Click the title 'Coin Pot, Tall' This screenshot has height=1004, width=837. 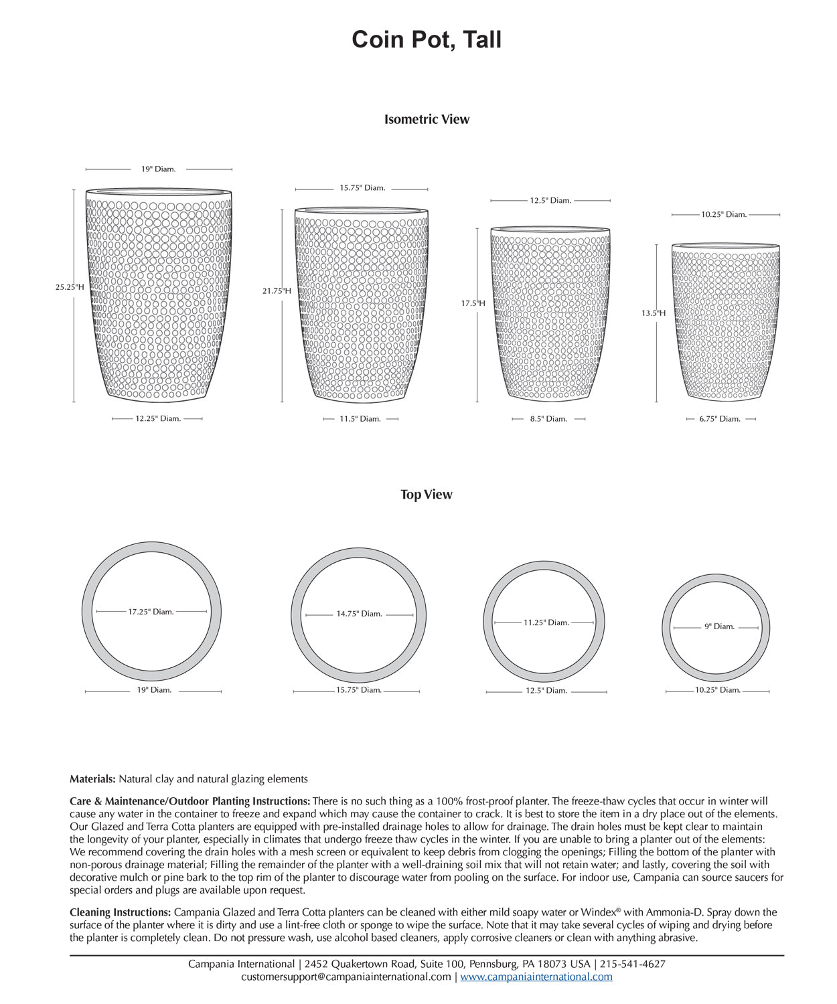pyautogui.click(x=427, y=39)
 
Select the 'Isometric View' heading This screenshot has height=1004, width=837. pyautogui.click(x=427, y=120)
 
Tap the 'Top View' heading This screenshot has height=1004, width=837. pyautogui.click(x=427, y=495)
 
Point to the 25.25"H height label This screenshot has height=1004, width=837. pyautogui.click(x=70, y=287)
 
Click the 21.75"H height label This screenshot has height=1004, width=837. pyautogui.click(x=277, y=291)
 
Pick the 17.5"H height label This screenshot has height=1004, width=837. pyautogui.click(x=473, y=303)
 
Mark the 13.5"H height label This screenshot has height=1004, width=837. pyautogui.click(x=654, y=313)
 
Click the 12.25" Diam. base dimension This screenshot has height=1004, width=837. pyautogui.click(x=158, y=419)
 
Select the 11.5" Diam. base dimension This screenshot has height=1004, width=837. pyautogui.click(x=361, y=419)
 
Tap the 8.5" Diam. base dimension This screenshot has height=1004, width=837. pyautogui.click(x=548, y=419)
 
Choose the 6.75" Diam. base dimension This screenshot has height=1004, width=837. pyautogui.click(x=720, y=419)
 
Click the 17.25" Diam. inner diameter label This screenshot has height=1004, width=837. pyautogui.click(x=151, y=612)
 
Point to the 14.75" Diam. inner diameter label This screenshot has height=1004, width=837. pyautogui.click(x=359, y=614)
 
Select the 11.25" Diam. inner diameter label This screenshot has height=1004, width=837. pyautogui.click(x=546, y=622)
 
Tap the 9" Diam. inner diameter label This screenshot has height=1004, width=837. pyautogui.click(x=720, y=627)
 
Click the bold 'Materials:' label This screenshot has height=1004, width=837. pyautogui.click(x=93, y=779)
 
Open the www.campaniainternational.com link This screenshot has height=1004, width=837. pyautogui.click(x=536, y=977)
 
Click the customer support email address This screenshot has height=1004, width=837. pyautogui.click(x=346, y=977)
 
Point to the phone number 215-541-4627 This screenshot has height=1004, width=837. pyautogui.click(x=632, y=964)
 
